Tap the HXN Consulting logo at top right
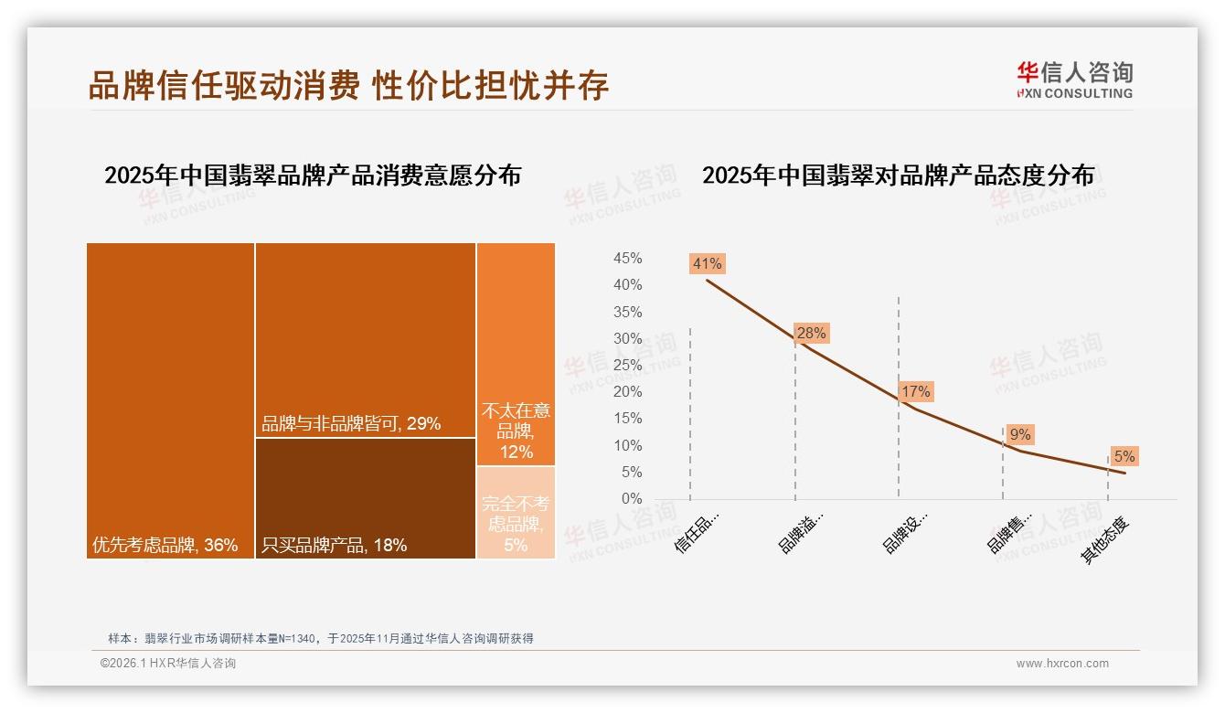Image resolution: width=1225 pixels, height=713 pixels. click(x=1074, y=80)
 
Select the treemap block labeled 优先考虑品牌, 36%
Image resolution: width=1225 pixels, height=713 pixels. click(x=170, y=400)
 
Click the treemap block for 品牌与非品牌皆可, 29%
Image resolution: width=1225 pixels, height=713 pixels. click(x=365, y=339)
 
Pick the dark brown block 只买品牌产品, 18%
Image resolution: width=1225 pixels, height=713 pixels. click(x=365, y=498)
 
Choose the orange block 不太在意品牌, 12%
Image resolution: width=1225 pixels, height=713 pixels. click(x=516, y=354)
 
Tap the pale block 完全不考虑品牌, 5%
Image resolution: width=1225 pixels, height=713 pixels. click(x=516, y=513)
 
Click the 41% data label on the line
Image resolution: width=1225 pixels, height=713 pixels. click(x=707, y=264)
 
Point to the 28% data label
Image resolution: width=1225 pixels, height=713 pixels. click(x=811, y=334)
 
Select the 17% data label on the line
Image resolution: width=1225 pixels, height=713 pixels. click(x=915, y=392)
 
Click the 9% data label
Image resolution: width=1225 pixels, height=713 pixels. click(x=1020, y=435)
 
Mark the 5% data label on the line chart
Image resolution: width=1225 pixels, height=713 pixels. click(x=1124, y=456)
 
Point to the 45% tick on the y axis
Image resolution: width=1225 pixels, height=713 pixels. click(x=626, y=259)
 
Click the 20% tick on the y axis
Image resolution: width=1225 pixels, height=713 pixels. click(x=626, y=392)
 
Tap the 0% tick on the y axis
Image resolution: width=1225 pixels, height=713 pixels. click(x=630, y=499)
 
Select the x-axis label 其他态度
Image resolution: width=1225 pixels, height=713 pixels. click(x=1106, y=539)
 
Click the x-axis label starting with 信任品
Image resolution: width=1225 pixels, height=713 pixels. click(x=698, y=531)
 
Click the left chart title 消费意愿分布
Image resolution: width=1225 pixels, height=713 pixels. click(x=313, y=176)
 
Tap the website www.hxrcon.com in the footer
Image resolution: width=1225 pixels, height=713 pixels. click(x=1061, y=664)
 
